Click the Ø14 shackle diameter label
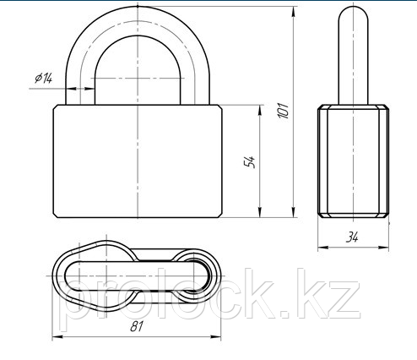pos(44,78)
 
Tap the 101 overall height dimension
pos(284,111)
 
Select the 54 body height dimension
pos(250,162)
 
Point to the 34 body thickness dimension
pos(352,237)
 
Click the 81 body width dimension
pos(137,326)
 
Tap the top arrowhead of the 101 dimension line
pos(294,12)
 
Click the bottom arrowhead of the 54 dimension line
pos(260,212)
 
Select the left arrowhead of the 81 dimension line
pos(57,336)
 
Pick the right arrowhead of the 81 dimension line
pos(215,336)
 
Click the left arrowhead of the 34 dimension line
pos(323,248)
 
